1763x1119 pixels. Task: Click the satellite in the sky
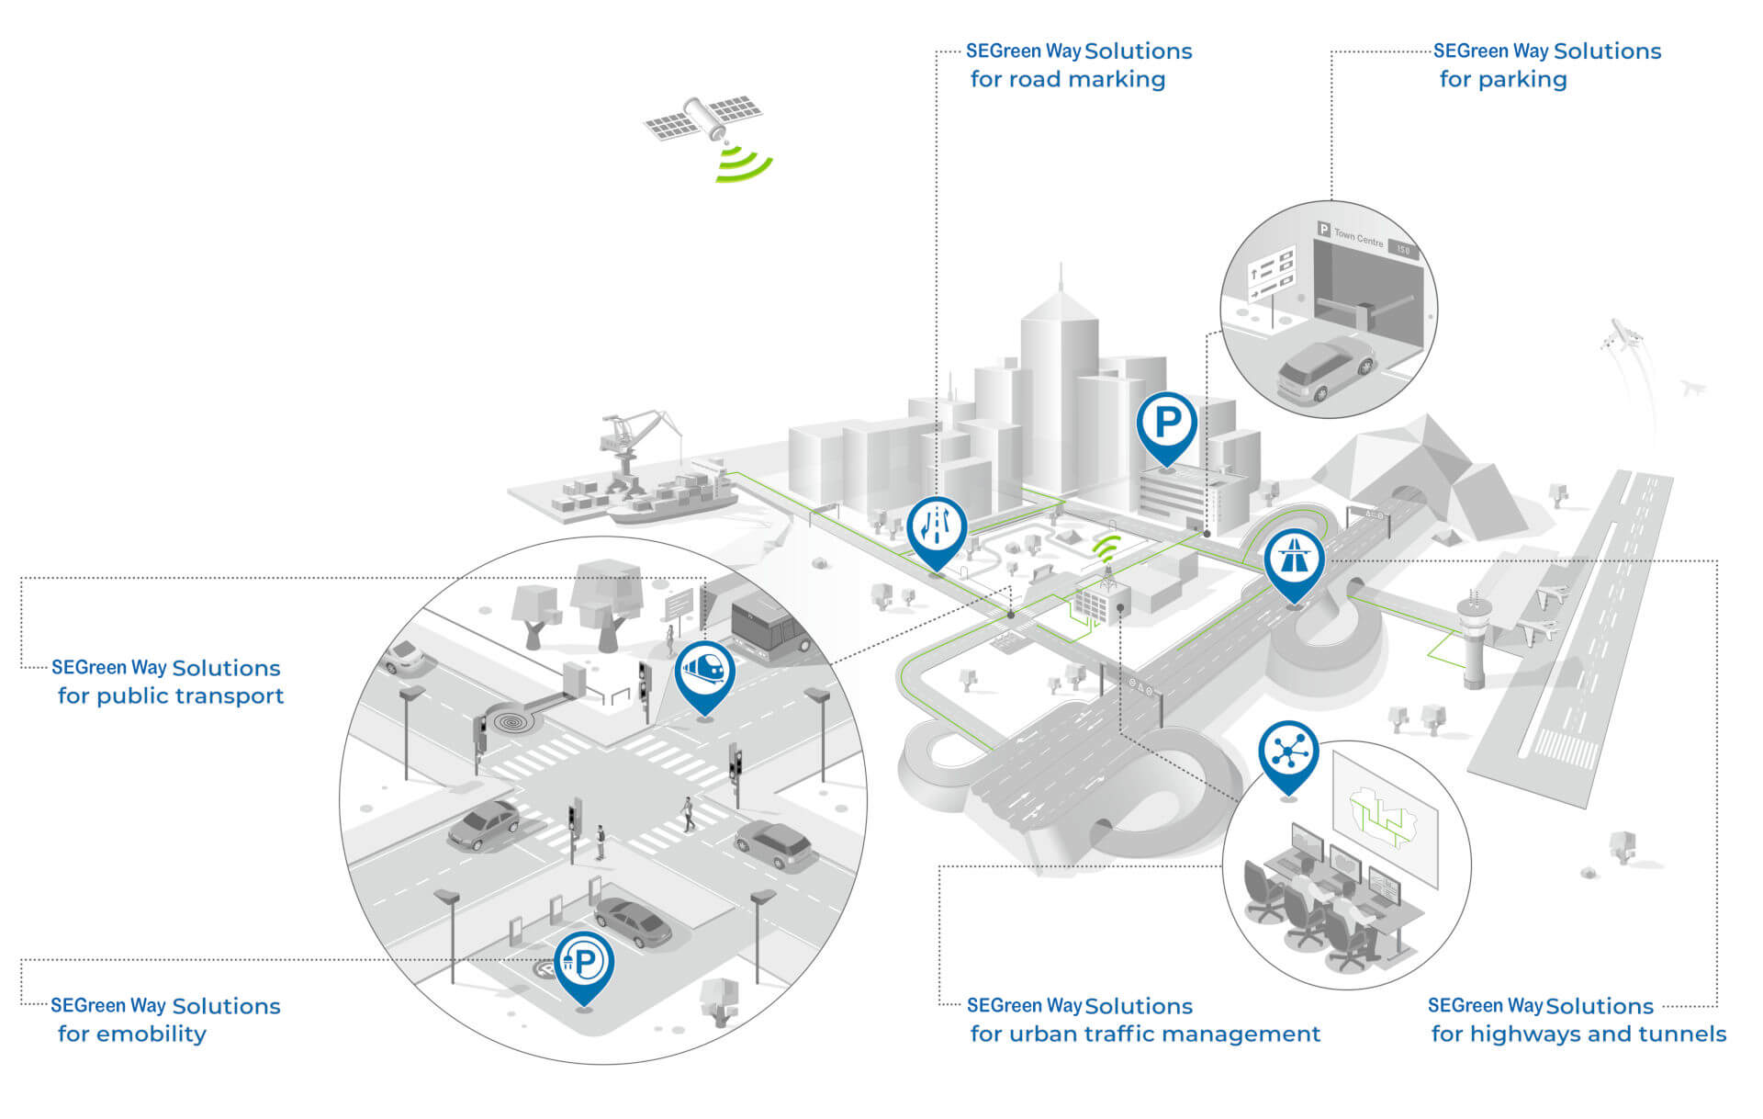(x=703, y=118)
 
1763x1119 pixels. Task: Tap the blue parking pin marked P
(x=1166, y=424)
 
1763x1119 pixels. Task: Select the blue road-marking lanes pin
(x=937, y=529)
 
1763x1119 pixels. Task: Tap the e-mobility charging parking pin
(x=584, y=963)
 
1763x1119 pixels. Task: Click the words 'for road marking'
(x=1067, y=80)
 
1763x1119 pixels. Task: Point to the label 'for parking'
(x=1502, y=80)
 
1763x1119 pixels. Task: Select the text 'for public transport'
(x=171, y=696)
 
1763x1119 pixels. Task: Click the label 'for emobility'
(x=132, y=1034)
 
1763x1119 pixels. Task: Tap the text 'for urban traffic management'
(x=1145, y=1034)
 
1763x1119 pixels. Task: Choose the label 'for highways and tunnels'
(x=1578, y=1034)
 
